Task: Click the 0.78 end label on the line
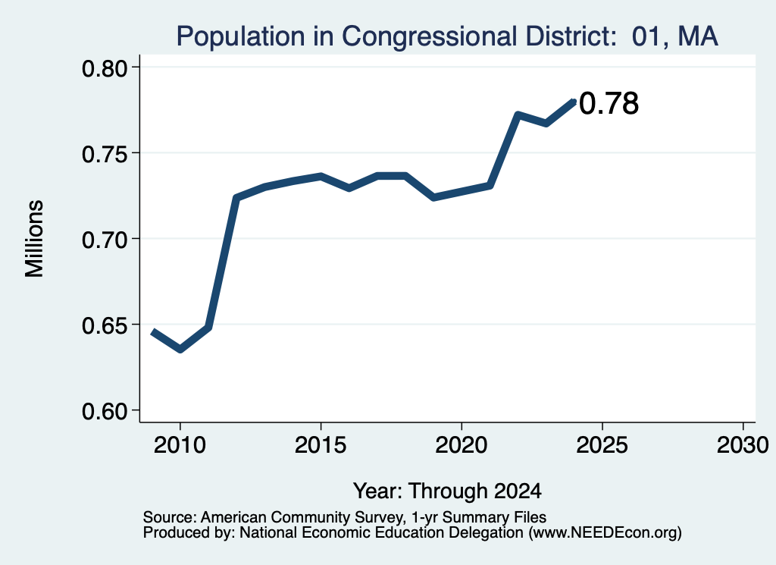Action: click(x=609, y=103)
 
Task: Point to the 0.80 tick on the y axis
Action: click(x=105, y=67)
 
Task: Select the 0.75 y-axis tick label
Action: click(x=105, y=154)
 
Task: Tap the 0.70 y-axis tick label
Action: click(x=105, y=240)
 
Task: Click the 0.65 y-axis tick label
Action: click(x=105, y=325)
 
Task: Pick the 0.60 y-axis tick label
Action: click(x=105, y=411)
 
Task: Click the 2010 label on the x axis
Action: click(x=180, y=444)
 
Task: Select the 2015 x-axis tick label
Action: click(x=321, y=444)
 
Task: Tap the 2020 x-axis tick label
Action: click(x=462, y=444)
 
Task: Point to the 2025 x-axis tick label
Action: click(x=602, y=444)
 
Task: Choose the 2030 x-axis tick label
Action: click(x=743, y=444)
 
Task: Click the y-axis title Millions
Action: click(x=34, y=239)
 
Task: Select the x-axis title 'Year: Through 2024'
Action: click(x=447, y=491)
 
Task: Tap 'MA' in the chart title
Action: click(x=698, y=36)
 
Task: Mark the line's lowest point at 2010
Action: click(x=180, y=350)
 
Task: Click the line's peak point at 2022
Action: click(x=518, y=115)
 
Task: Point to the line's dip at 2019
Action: click(x=433, y=198)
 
